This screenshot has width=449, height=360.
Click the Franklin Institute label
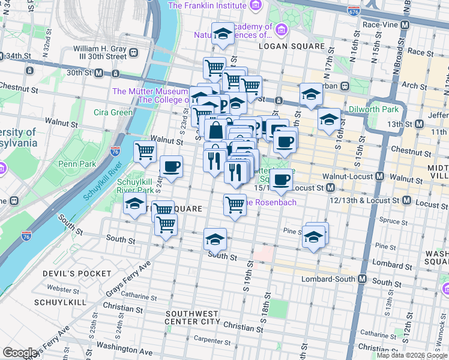point(207,5)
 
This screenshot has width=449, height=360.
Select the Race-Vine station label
point(380,26)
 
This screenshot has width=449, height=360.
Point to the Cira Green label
point(113,112)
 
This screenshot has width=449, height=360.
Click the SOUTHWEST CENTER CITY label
point(192,317)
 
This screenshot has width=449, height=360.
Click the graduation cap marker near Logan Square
point(223,34)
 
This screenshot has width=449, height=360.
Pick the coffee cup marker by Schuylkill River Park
point(171,166)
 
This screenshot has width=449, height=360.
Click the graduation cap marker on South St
point(215,239)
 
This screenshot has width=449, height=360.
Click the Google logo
point(20,353)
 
